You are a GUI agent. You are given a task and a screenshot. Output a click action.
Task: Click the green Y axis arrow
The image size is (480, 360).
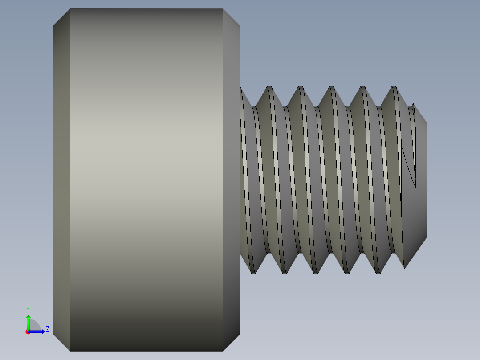pyautogui.click(x=28, y=322)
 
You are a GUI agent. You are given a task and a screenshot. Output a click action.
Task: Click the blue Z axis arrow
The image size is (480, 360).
pyautogui.click(x=38, y=331)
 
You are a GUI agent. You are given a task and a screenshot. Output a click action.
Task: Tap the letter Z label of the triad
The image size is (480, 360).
pyautogui.click(x=48, y=330)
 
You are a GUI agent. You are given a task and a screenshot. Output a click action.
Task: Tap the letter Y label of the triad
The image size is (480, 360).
pyautogui.click(x=28, y=309)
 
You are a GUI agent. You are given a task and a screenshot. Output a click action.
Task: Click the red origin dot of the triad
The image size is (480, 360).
pyautogui.click(x=28, y=332)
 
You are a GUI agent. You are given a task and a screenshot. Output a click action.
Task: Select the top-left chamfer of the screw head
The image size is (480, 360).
pyautogui.click(x=61, y=18)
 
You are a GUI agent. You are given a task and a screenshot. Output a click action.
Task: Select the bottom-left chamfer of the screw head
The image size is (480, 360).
pyautogui.click(x=61, y=342)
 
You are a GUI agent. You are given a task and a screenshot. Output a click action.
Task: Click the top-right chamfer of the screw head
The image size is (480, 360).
pyautogui.click(x=231, y=18)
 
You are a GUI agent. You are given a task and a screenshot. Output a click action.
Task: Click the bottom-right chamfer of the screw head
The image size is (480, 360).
pyautogui.click(x=231, y=342)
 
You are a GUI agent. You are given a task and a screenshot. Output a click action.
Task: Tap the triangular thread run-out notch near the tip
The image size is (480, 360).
pyautogui.click(x=410, y=165)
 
